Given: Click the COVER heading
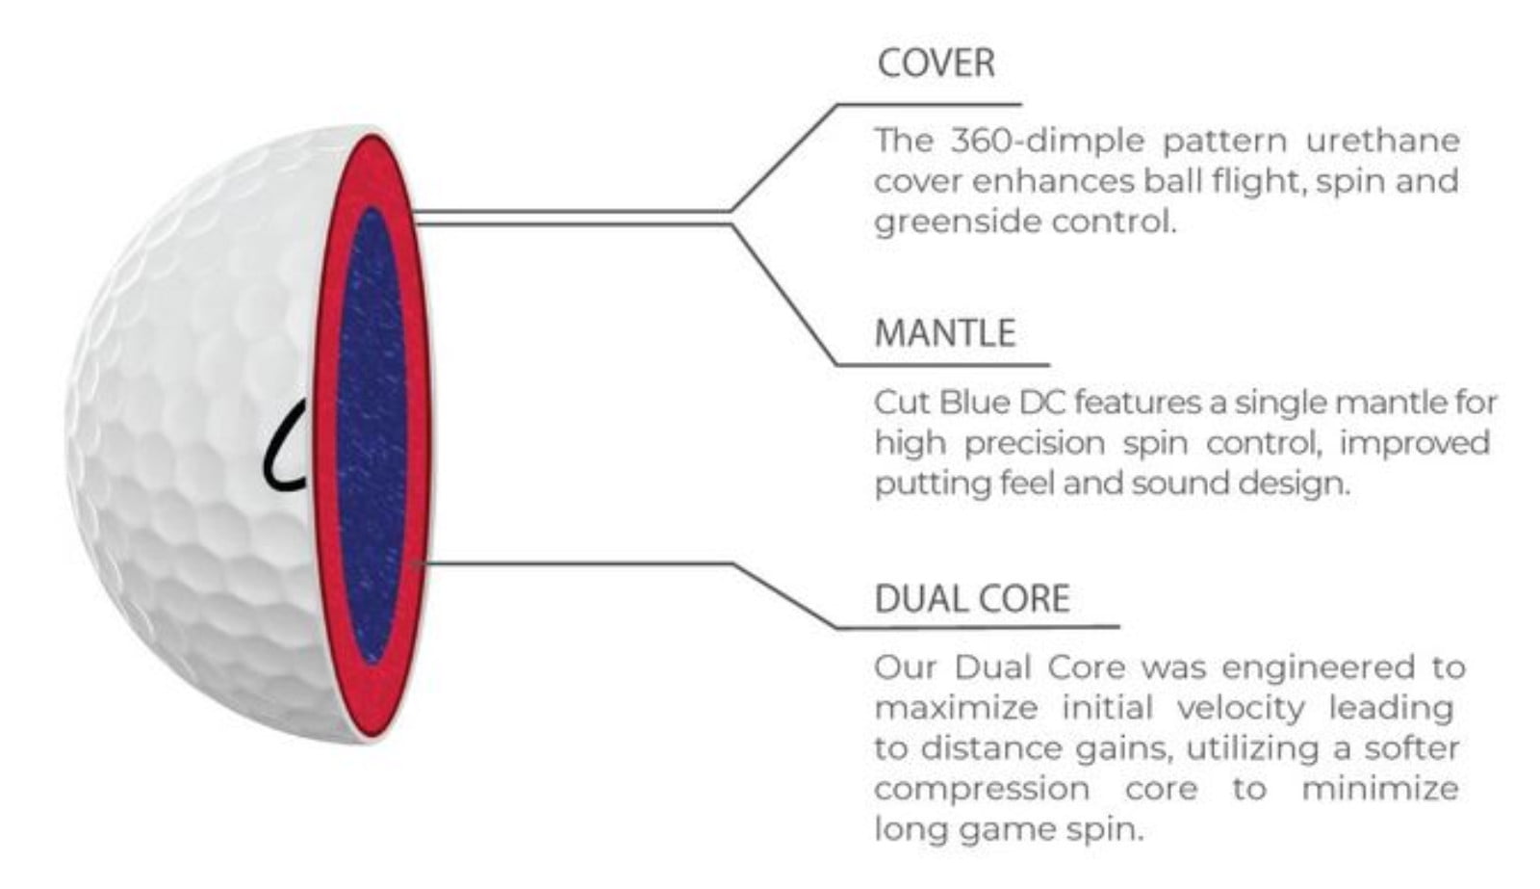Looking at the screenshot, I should point(936,64).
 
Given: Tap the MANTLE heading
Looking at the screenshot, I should point(944,333).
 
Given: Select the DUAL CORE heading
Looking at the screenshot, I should point(971,599).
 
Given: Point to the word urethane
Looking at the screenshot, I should point(1382,142).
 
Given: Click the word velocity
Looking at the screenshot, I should point(1240,709).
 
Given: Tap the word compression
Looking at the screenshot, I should point(982,790).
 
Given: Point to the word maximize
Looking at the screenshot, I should point(956,709).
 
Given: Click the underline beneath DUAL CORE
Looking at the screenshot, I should point(976,628).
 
